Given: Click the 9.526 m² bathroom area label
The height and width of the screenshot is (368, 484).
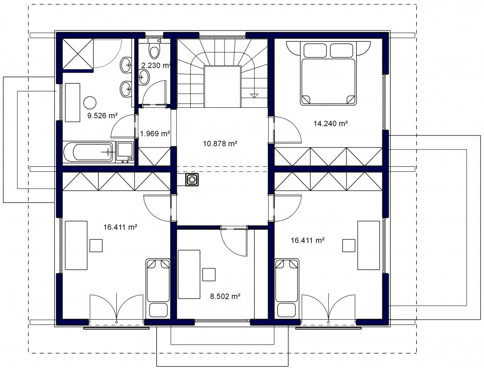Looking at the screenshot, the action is click(103, 116).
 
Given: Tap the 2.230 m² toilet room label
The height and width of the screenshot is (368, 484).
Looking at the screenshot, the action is click(156, 65).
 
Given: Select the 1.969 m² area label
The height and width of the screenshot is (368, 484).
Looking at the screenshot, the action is click(155, 133).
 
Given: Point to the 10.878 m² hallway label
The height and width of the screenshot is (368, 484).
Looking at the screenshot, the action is click(220, 144).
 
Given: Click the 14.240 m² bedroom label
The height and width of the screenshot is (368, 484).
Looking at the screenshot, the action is click(331, 124).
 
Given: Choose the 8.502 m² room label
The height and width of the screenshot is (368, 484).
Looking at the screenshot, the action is click(226, 296).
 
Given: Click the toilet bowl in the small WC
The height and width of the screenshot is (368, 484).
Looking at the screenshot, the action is click(154, 50).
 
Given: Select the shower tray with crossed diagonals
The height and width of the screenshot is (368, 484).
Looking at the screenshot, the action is click(78, 54).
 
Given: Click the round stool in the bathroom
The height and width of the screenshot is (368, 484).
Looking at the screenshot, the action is click(90, 103).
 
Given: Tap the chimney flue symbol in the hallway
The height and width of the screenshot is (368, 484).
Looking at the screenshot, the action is click(192, 179).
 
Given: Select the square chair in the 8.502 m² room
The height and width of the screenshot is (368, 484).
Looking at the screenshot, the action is click(209, 275).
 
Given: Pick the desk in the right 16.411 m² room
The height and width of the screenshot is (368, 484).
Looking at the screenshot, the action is click(368, 245).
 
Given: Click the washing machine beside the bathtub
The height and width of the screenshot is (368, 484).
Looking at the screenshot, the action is click(125, 152).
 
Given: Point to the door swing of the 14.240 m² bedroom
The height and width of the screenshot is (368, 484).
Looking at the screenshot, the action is click(287, 130).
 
